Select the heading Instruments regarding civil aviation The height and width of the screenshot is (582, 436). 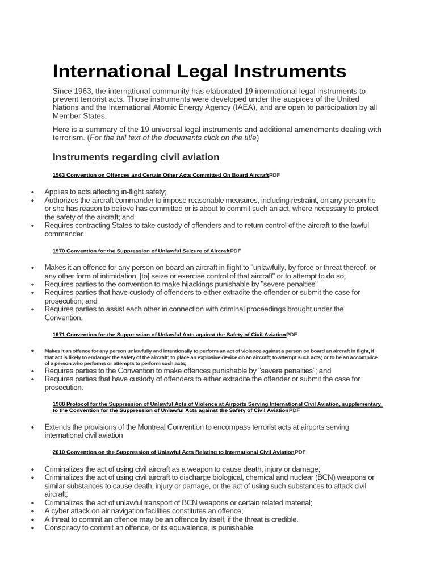click(x=136, y=157)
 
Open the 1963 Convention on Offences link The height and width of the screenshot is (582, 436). click(x=161, y=176)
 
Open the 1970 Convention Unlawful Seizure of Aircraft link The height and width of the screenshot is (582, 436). click(x=141, y=251)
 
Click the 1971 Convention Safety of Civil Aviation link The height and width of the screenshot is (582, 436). click(x=169, y=335)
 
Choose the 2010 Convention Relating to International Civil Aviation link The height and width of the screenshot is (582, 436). click(x=174, y=452)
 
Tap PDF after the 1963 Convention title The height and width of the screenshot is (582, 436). click(x=275, y=176)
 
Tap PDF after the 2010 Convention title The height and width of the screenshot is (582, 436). click(x=300, y=452)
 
